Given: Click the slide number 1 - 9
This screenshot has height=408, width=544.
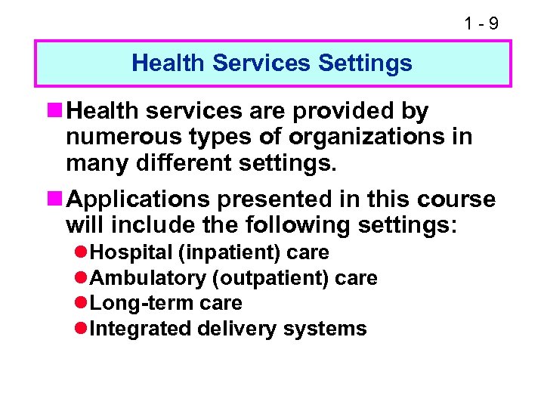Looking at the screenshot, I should coord(481,23).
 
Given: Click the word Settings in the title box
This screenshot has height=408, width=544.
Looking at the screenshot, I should coord(365,63).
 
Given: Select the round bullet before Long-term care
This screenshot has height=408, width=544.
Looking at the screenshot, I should coord(82,304).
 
